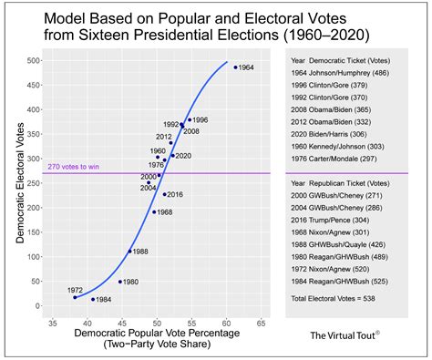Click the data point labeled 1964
235,67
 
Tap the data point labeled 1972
75,297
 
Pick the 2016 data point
165,194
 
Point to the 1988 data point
129,252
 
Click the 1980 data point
119,282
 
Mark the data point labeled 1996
189,120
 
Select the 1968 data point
154,211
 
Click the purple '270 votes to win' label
72,165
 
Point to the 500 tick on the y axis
41,61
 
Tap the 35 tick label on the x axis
53,324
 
